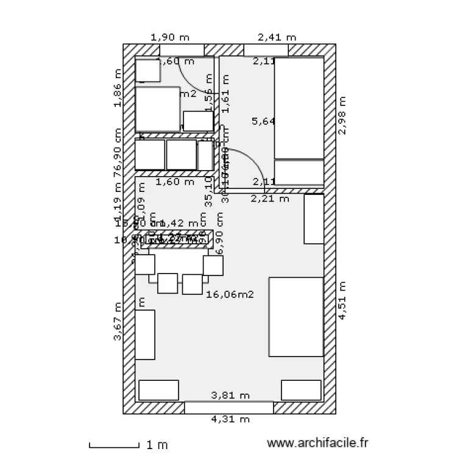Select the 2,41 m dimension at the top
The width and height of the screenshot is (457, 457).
coord(277,37)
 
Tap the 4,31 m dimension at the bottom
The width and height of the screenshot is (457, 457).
coord(230,419)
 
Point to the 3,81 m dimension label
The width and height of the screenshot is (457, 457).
coord(230,395)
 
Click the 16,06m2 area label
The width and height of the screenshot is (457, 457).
coord(230,294)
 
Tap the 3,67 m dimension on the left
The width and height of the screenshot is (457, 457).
coord(118,322)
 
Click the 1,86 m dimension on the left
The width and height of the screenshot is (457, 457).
coord(118,87)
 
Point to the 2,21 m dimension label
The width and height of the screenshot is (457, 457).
coord(271,198)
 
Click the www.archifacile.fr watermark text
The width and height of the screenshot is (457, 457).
coord(319,444)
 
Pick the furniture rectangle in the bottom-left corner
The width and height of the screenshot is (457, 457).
coord(159,390)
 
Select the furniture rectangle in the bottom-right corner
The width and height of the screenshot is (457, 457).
coord(301,390)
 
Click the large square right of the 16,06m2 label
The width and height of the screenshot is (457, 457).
coord(296,317)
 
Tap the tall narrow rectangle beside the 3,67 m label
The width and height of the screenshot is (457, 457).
coord(145,335)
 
